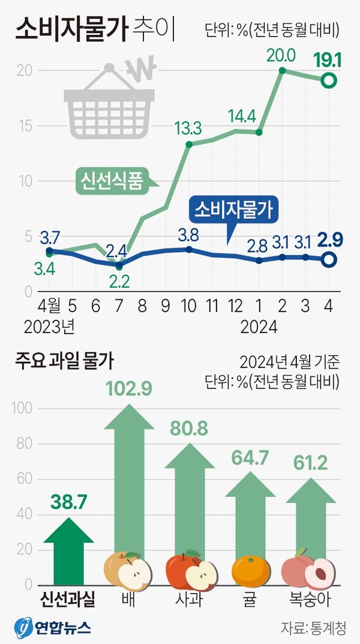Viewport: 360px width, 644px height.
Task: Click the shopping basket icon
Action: pyautogui.click(x=109, y=101)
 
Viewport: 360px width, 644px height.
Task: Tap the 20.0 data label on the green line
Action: pyautogui.click(x=281, y=56)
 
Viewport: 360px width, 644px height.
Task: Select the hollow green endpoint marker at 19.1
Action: pyautogui.click(x=329, y=80)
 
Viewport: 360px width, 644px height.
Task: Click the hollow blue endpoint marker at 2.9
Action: pyautogui.click(x=329, y=260)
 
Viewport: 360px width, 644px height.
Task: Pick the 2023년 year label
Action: pyautogui.click(x=49, y=327)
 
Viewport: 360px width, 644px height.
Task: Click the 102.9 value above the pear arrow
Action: pyautogui.click(x=129, y=389)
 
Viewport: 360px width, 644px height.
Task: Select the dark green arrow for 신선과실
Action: pyautogui.click(x=68, y=551)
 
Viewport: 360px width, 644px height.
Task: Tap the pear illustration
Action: pyautogui.click(x=128, y=571)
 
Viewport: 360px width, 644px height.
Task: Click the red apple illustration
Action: pyautogui.click(x=191, y=570)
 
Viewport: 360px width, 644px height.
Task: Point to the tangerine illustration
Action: pyautogui.click(x=251, y=571)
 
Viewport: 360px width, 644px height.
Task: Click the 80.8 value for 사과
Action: pyautogui.click(x=188, y=429)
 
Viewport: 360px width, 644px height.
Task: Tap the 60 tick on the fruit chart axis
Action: pyautogui.click(x=25, y=479)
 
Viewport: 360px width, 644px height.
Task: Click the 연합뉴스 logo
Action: pyautogui.click(x=53, y=627)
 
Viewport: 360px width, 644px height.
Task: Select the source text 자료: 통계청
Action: pyautogui.click(x=314, y=627)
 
